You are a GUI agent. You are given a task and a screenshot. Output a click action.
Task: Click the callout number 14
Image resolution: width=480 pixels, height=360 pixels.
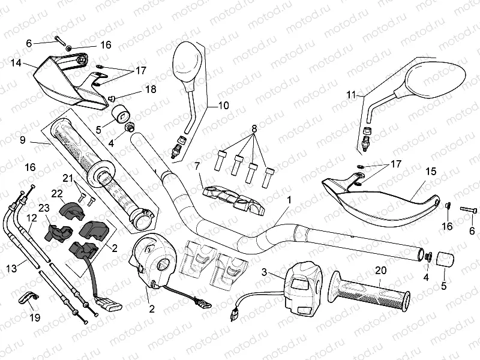[x=16, y=62]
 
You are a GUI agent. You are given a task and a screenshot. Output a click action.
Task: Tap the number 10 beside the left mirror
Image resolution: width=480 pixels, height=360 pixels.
[x=223, y=106]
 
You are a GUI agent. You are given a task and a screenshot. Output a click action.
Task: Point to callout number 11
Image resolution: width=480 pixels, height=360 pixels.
[x=351, y=95]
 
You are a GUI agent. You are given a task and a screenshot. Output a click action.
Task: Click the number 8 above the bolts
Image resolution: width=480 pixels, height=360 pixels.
[x=254, y=128]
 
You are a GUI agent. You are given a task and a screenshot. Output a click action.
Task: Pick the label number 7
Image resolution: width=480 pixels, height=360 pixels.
[x=196, y=165]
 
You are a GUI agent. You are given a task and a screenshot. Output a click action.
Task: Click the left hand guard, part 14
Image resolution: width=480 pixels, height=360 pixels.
[x=60, y=84]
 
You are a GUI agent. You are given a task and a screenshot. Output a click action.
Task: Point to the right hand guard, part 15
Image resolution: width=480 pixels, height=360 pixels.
[x=384, y=195]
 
